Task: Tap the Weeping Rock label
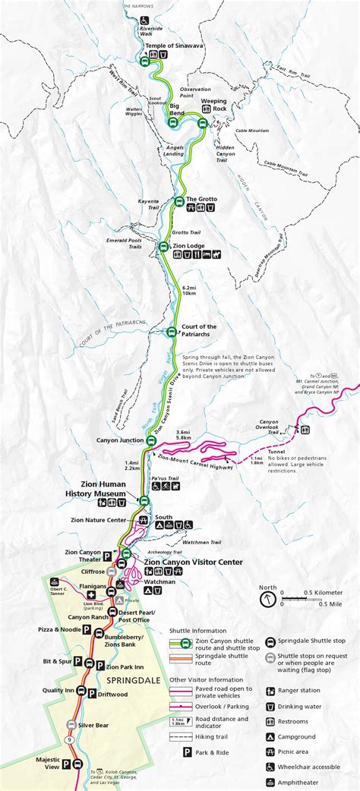coord(214,105)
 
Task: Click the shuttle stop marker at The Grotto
coord(179,201)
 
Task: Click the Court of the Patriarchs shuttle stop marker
coord(172,332)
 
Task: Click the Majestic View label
coord(47,762)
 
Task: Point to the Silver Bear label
coord(93,725)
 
